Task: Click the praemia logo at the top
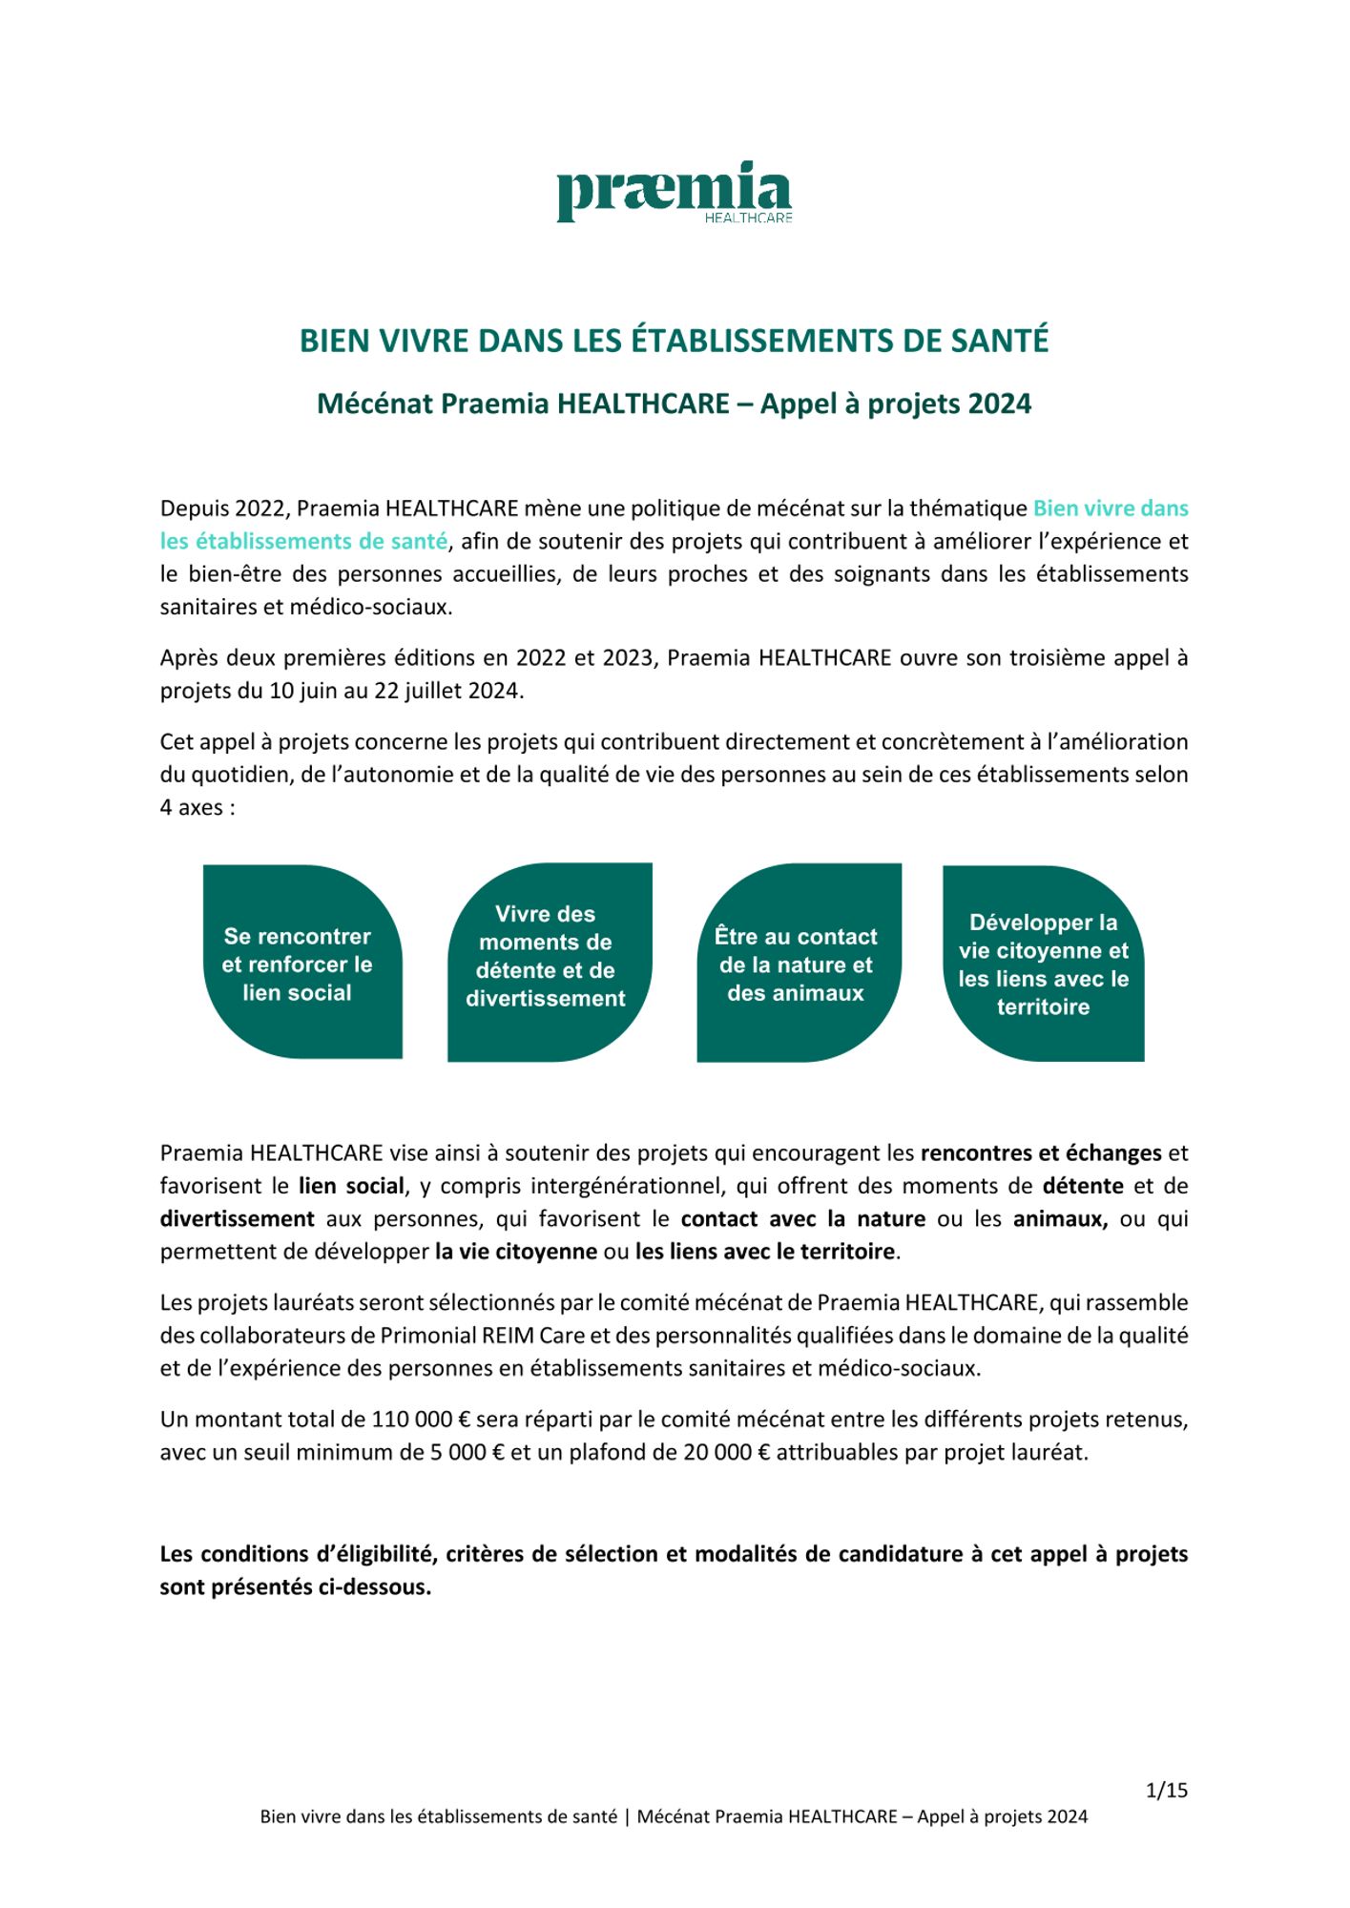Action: pos(674,192)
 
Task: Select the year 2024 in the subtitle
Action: pos(999,404)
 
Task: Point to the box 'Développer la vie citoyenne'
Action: pos(1043,964)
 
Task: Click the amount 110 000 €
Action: pos(421,1420)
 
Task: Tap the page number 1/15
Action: pos(1166,1790)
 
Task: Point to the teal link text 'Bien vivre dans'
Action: pos(1110,508)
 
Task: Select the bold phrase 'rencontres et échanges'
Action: pos(1040,1152)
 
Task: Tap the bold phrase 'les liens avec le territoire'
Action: pos(765,1251)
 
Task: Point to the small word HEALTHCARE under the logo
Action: pos(748,218)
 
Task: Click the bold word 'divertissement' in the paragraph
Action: pos(238,1218)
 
